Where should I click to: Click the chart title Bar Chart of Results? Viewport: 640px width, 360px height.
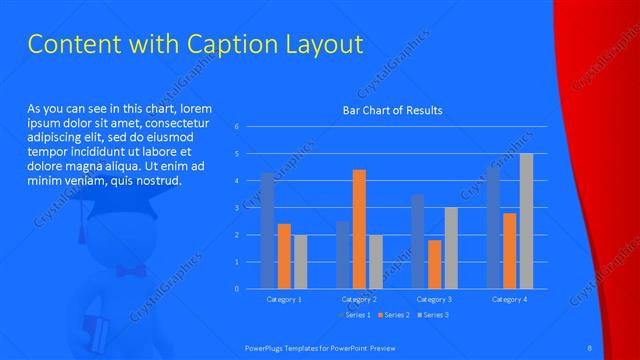point(392,110)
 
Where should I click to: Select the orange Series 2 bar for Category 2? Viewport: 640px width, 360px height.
point(359,229)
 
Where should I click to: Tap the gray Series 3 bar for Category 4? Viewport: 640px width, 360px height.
point(526,221)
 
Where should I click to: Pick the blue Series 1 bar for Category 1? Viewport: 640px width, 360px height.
point(267,230)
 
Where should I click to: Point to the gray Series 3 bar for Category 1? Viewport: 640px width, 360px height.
point(300,262)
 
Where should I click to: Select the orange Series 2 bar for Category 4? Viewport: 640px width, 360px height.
point(510,251)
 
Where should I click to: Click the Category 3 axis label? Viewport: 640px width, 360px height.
point(435,299)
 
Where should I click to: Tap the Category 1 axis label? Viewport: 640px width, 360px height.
point(284,299)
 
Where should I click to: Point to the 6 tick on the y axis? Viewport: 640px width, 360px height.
point(236,127)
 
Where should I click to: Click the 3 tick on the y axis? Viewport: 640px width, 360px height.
point(236,208)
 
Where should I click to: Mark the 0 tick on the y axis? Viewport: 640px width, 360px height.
point(236,289)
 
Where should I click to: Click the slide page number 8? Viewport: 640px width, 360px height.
point(591,347)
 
